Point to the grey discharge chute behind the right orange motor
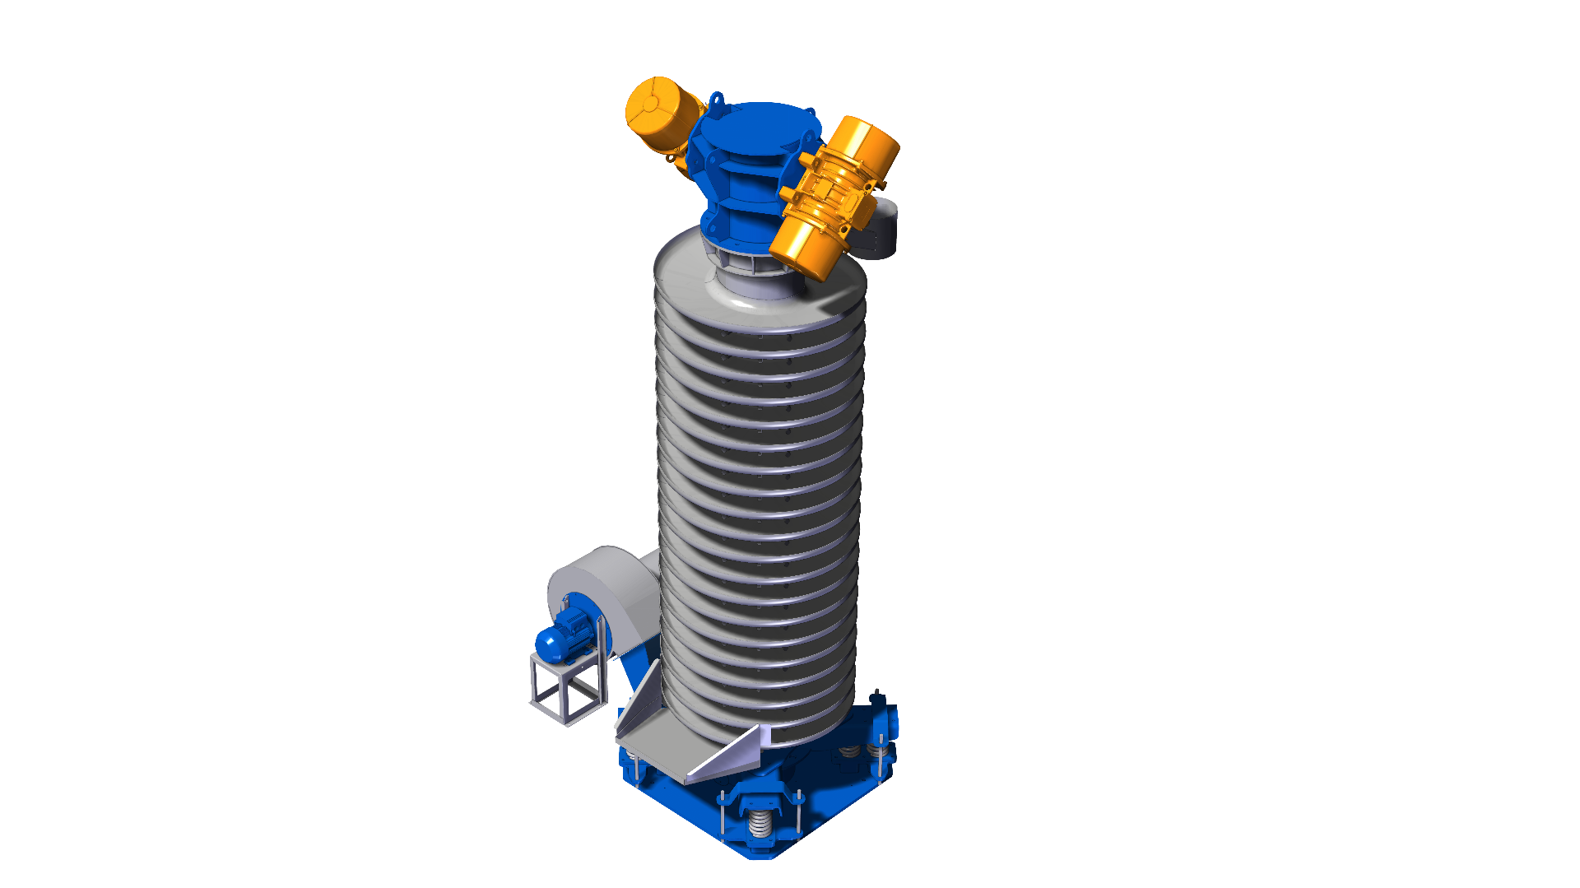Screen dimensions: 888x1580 879,230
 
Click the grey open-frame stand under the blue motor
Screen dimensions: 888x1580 568,688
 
